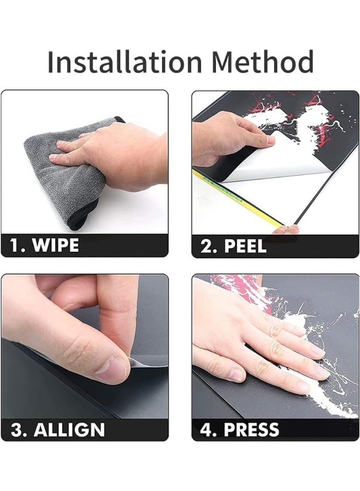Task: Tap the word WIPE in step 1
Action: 56,245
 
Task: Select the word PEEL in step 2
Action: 245,246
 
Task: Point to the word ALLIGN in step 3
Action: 69,430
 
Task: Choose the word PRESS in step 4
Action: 251,430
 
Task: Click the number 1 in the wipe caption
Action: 15,245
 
